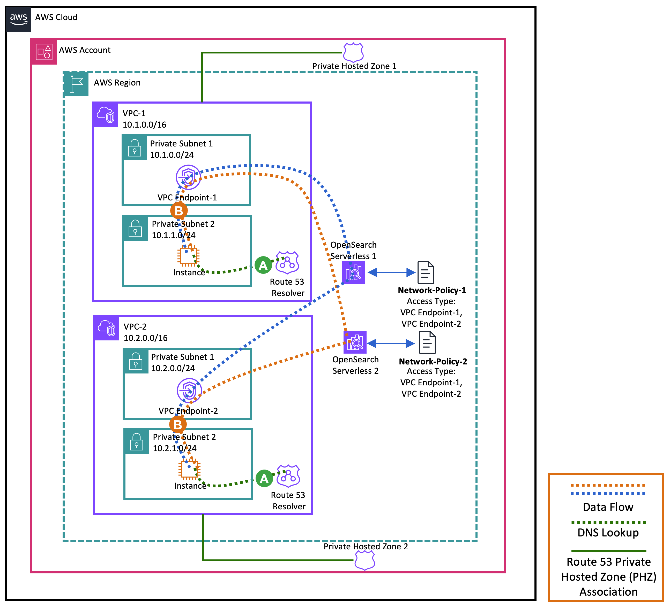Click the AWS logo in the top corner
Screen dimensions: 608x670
pyautogui.click(x=18, y=19)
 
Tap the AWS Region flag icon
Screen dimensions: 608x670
pyautogui.click(x=76, y=84)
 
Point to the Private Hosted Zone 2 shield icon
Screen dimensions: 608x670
pyautogui.click(x=364, y=560)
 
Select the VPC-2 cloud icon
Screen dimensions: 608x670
pyautogui.click(x=107, y=328)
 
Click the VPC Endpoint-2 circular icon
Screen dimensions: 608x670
pyautogui.click(x=189, y=390)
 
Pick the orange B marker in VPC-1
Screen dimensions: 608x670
pyautogui.click(x=179, y=211)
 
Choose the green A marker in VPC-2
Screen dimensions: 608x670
pyautogui.click(x=264, y=479)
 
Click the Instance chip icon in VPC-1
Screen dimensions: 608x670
pyautogui.click(x=188, y=256)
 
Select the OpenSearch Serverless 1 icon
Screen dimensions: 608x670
pyautogui.click(x=354, y=272)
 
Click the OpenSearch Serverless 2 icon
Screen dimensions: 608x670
pyautogui.click(x=355, y=342)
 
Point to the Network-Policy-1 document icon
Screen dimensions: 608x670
pyautogui.click(x=426, y=272)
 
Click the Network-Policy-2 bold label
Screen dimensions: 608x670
pyautogui.click(x=433, y=361)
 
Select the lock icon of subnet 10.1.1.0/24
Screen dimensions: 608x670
pyautogui.click(x=135, y=228)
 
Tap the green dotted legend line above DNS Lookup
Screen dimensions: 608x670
pyautogui.click(x=608, y=522)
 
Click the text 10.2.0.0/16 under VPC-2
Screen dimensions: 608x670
pyautogui.click(x=146, y=338)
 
